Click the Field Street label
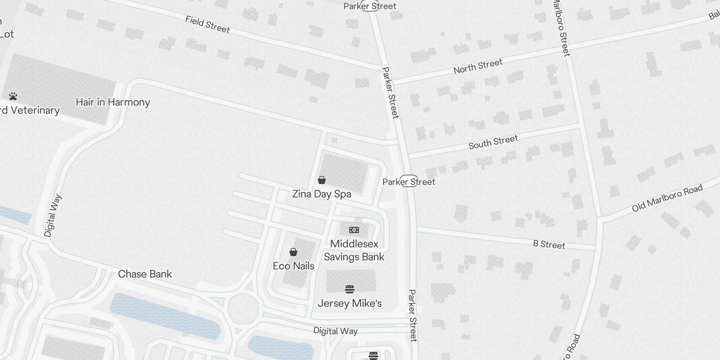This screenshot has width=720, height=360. pyautogui.click(x=207, y=24)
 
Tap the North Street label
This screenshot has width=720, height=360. pyautogui.click(x=477, y=66)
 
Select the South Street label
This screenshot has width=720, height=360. pyautogui.click(x=493, y=142)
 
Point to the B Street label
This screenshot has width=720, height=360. pyautogui.click(x=549, y=244)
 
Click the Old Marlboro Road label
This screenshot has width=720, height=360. pyautogui.click(x=667, y=198)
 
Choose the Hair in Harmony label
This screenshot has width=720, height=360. pyautogui.click(x=113, y=102)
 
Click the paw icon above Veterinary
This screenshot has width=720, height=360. pyautogui.click(x=13, y=96)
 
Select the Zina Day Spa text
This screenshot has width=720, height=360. pyautogui.click(x=322, y=194)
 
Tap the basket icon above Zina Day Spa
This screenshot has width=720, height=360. pyautogui.click(x=322, y=180)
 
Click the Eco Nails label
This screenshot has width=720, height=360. pyautogui.click(x=293, y=266)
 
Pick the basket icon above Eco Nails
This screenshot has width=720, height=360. pyautogui.click(x=293, y=252)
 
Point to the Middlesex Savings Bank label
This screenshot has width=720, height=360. pyautogui.click(x=354, y=250)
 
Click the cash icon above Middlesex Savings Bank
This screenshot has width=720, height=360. pyautogui.click(x=354, y=230)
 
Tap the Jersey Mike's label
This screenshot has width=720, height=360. pyautogui.click(x=350, y=303)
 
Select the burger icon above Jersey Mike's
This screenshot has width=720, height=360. pyautogui.click(x=350, y=289)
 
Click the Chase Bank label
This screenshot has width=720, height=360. pyautogui.click(x=145, y=274)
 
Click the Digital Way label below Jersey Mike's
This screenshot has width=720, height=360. pyautogui.click(x=335, y=331)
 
